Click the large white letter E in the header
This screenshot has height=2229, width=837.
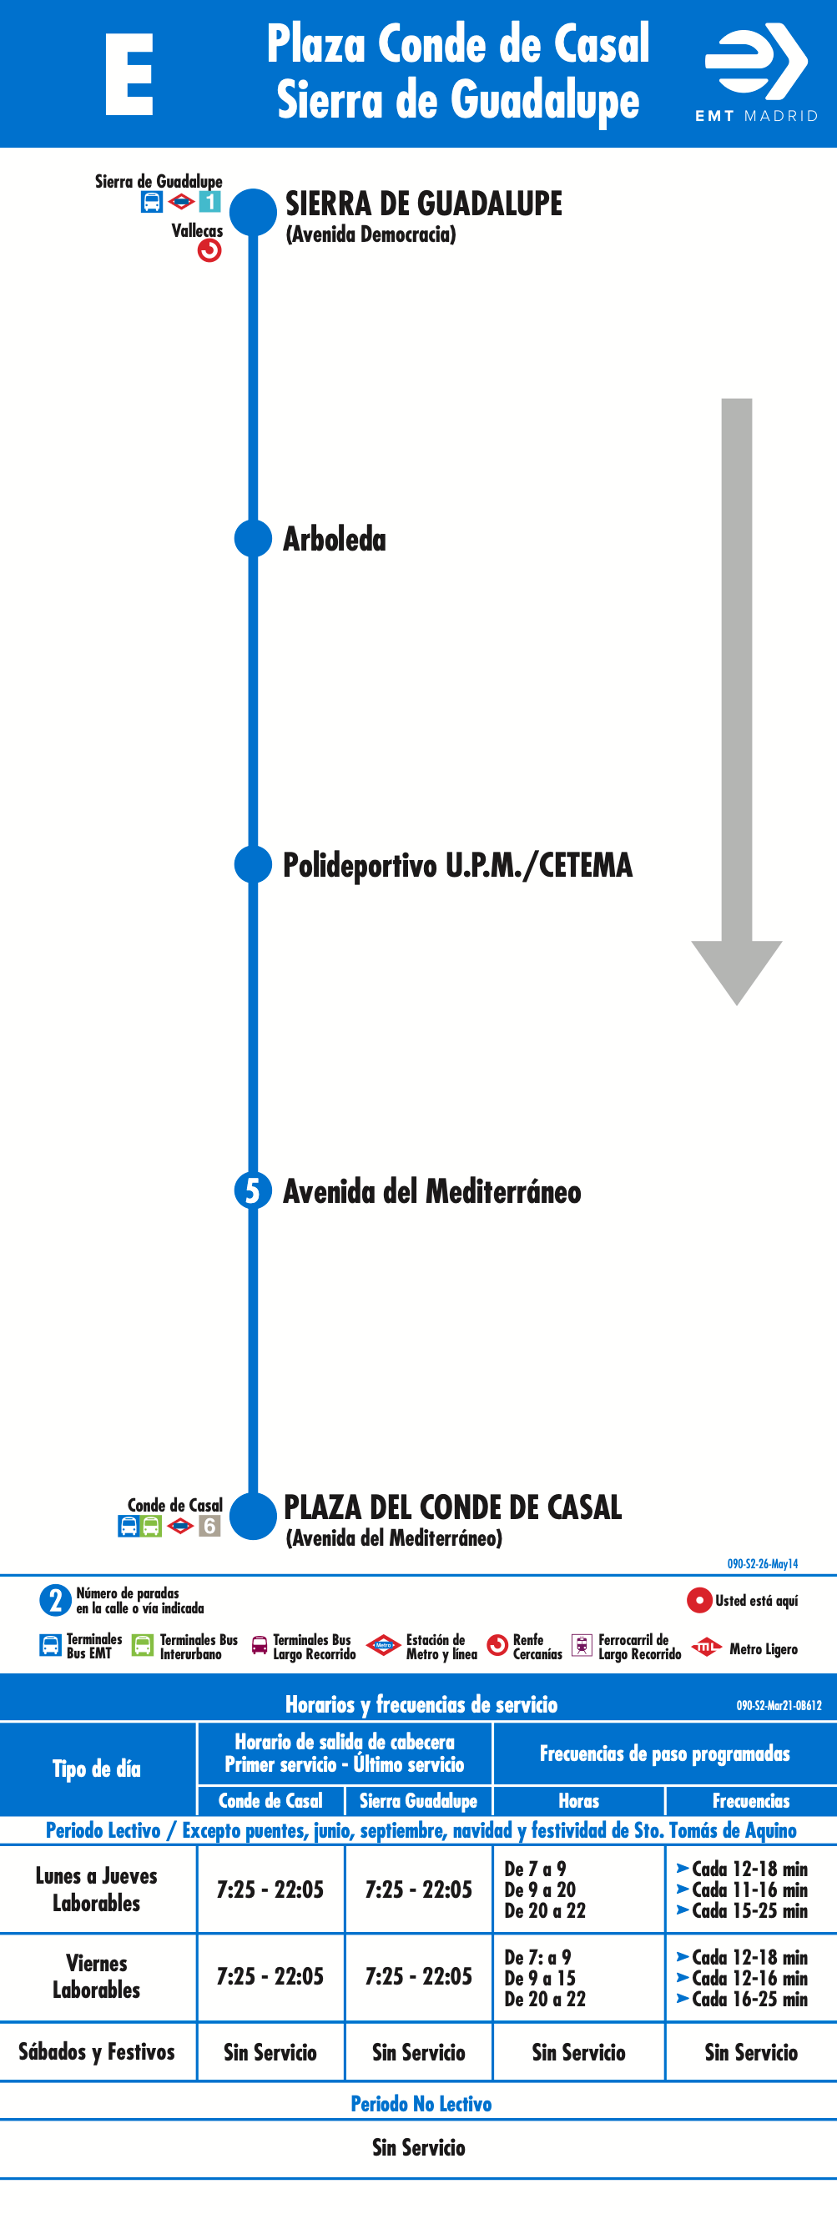point(129,74)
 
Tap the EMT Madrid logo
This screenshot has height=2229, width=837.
point(757,73)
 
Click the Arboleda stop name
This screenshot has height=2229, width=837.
point(334,539)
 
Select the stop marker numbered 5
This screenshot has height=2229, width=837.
point(253,1190)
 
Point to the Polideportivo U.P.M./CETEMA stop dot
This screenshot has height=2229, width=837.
point(253,864)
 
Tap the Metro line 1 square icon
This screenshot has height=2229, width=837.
point(209,202)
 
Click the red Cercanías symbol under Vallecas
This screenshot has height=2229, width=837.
point(209,250)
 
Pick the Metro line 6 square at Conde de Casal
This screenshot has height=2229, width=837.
point(209,1526)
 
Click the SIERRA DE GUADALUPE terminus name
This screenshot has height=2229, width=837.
point(423,204)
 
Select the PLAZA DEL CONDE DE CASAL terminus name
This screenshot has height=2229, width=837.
point(452,1507)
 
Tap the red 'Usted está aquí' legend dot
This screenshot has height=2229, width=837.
point(698,1600)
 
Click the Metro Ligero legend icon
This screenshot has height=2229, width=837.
point(706,1647)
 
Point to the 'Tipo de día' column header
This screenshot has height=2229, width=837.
point(96,1769)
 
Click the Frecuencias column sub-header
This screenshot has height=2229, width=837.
point(750,1801)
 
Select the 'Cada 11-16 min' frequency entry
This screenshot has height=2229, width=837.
point(749,1889)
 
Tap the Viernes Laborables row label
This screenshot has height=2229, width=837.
point(96,1976)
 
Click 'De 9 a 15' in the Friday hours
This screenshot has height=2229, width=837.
point(540,1978)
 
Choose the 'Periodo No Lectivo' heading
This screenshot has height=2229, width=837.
point(421,2104)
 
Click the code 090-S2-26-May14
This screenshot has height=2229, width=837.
point(763,1563)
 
